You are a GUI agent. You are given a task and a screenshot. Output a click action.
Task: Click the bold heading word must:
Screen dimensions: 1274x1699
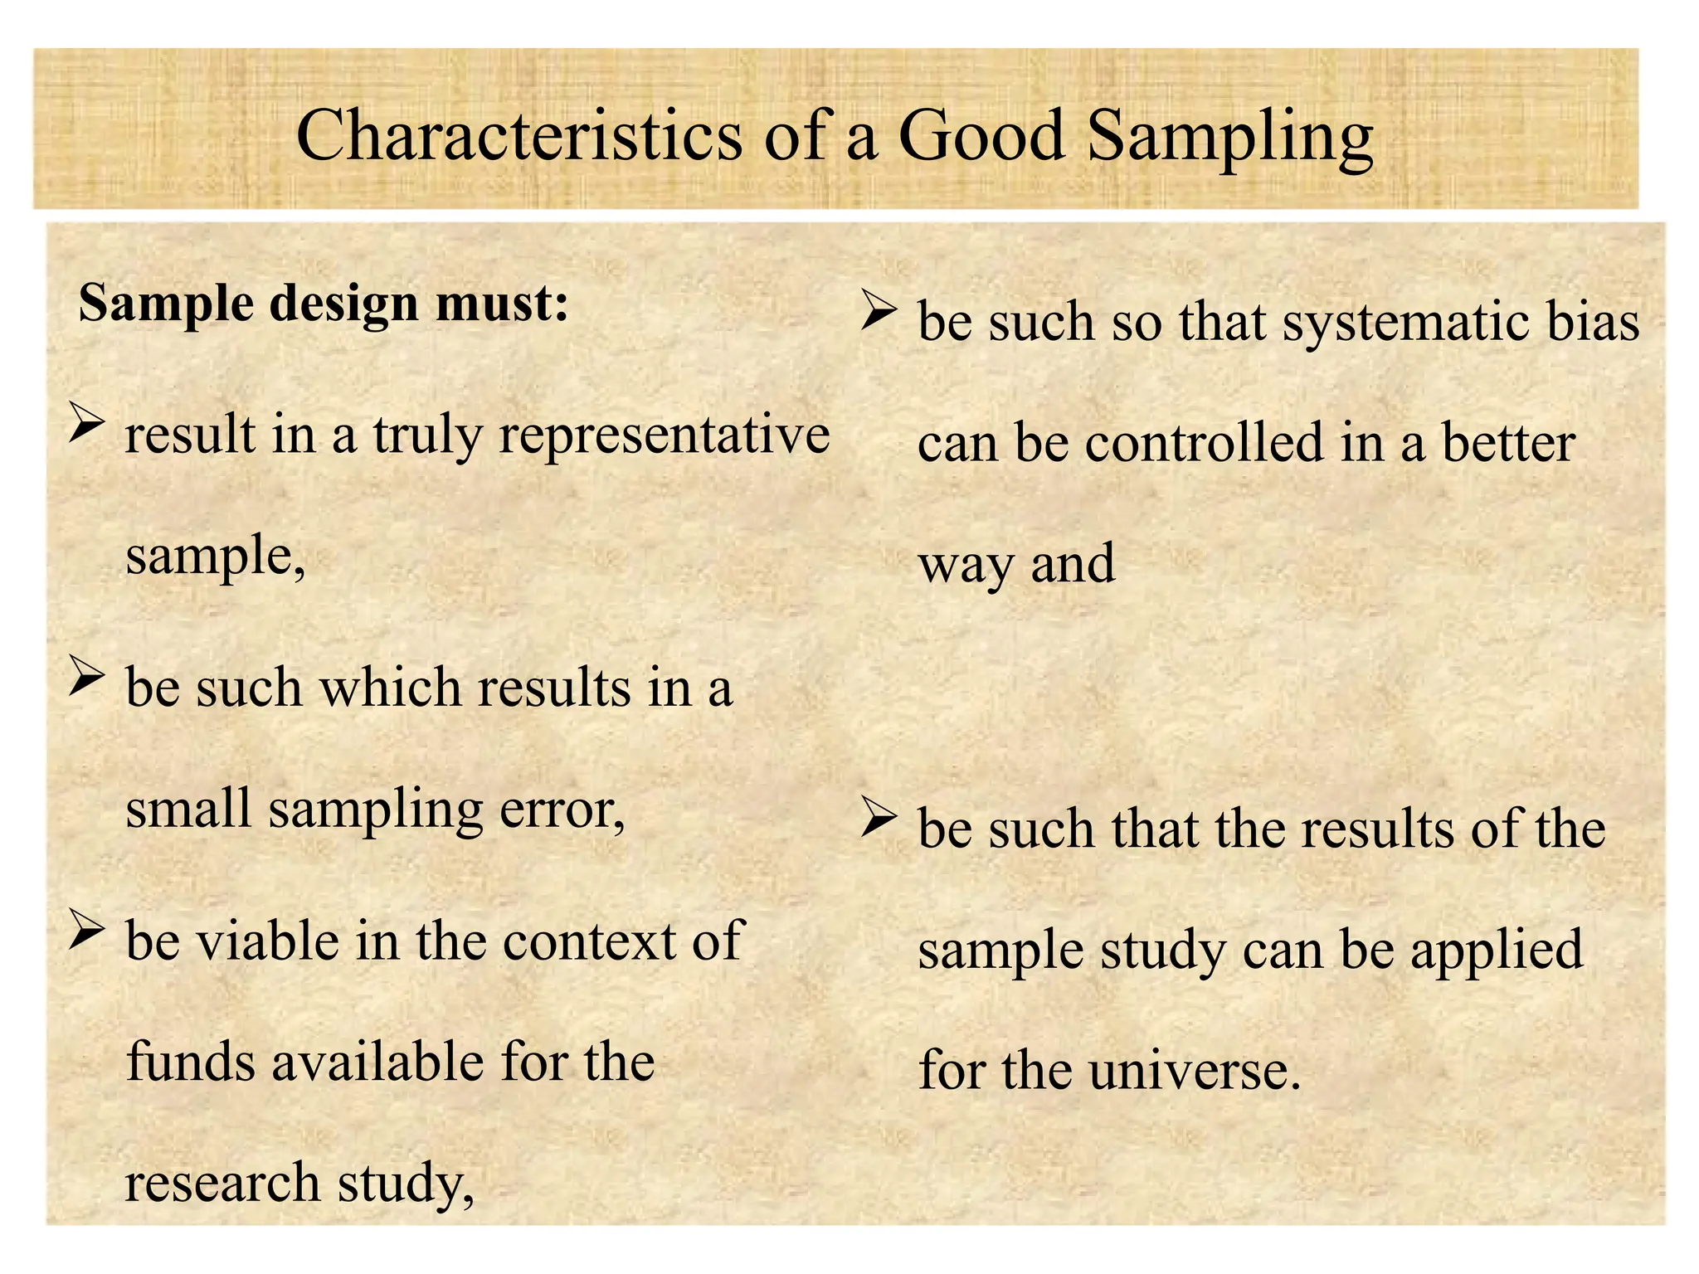pos(503,304)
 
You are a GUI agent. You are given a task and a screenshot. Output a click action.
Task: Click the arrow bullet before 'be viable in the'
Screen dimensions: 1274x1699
pos(86,928)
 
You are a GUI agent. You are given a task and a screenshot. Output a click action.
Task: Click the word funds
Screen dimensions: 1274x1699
pos(191,1062)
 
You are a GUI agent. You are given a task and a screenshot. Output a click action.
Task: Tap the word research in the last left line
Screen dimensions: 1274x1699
pos(222,1183)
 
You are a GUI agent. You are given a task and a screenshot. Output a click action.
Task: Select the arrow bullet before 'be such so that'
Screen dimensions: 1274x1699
pos(879,309)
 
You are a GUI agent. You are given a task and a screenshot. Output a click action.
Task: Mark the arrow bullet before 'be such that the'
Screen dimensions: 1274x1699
pos(879,816)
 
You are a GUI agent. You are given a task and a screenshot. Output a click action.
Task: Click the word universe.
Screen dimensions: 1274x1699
pos(1194,1071)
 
